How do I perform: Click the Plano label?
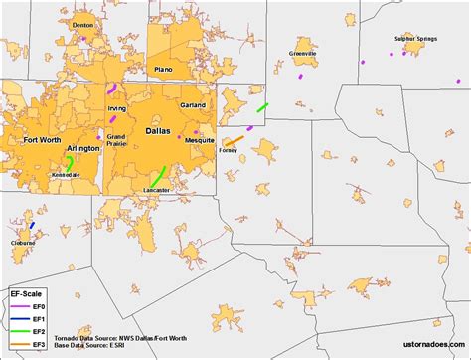coord(164,69)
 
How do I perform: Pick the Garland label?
coord(194,104)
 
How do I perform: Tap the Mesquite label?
coord(200,140)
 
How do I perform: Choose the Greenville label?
coord(302,53)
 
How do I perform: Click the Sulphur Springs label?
coord(417,39)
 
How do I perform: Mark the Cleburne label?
coord(22,243)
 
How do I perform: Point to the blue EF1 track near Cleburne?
coord(32,226)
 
